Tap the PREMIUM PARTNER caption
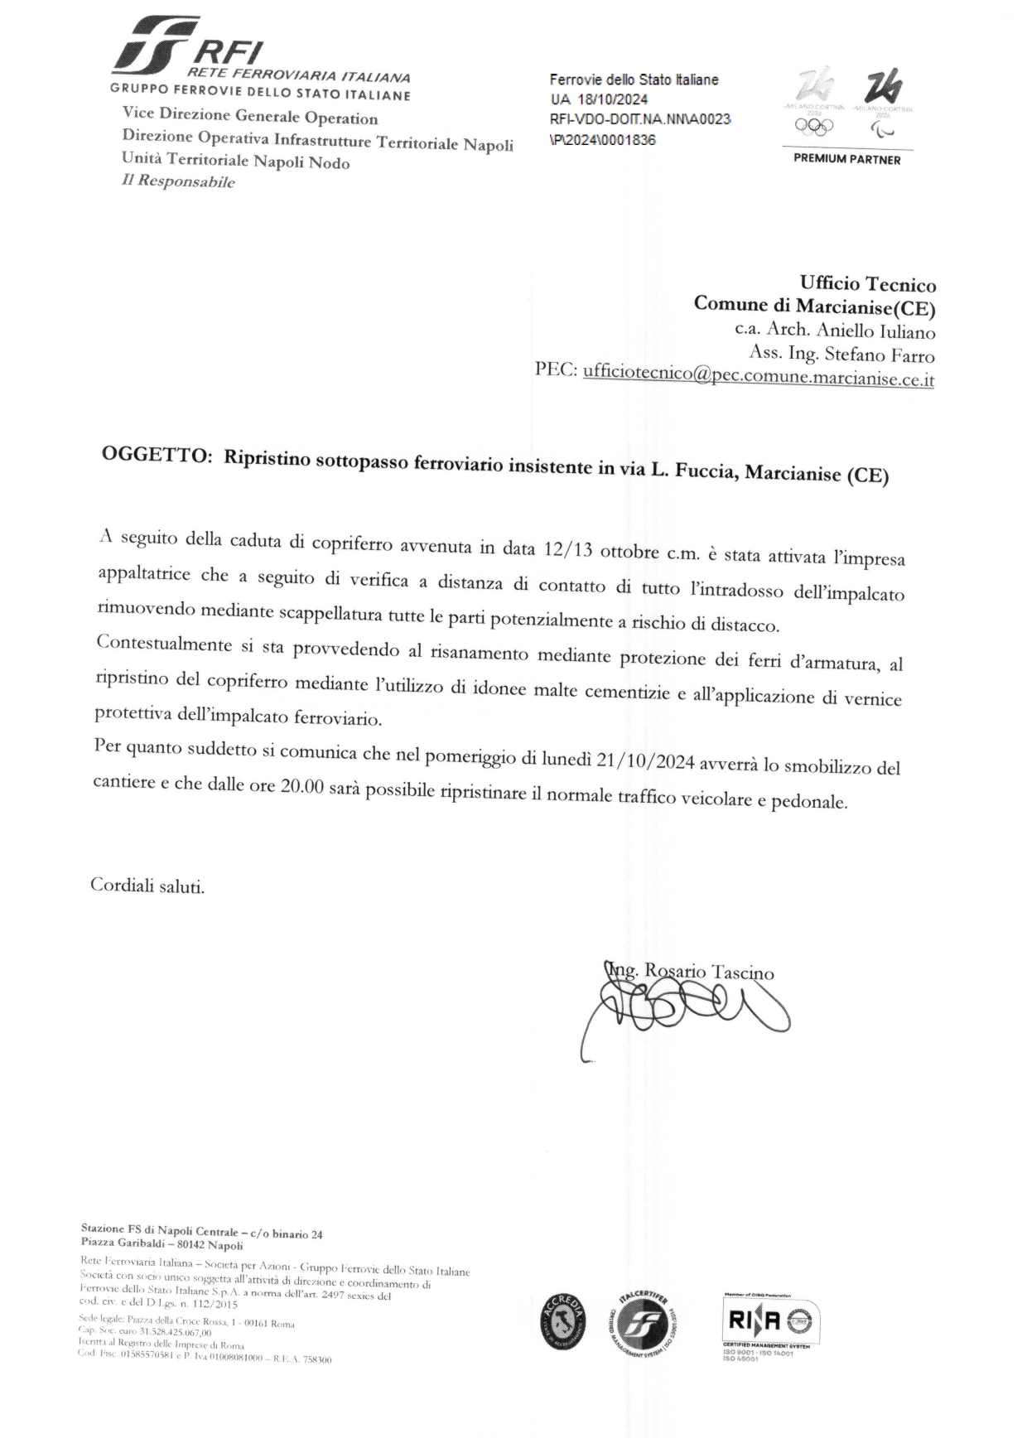tap(846, 159)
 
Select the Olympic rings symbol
tap(812, 125)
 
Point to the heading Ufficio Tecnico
tap(867, 285)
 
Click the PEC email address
tap(758, 376)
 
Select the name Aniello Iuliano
tap(875, 331)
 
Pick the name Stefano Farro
tap(880, 355)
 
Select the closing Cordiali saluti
tap(147, 886)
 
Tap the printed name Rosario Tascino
tap(708, 972)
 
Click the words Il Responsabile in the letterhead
tap(178, 181)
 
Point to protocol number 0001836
tap(623, 140)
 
